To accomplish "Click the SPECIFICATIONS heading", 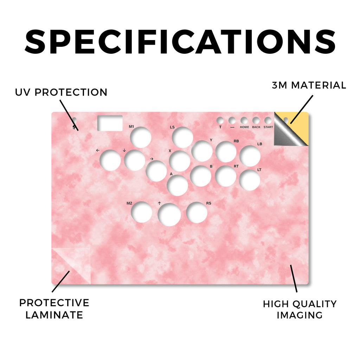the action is click(x=180, y=42).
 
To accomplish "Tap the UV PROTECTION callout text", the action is click(x=61, y=92).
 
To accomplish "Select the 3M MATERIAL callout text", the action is click(x=309, y=85).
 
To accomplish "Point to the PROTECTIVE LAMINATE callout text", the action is click(x=54, y=309).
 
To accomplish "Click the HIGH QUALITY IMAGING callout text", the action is click(x=300, y=309).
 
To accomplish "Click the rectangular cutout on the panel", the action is click(x=110, y=123).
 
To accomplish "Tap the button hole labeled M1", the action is click(x=141, y=137).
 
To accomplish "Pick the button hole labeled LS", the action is click(x=182, y=137).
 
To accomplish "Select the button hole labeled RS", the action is click(x=197, y=213).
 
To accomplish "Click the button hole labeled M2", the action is click(x=141, y=212).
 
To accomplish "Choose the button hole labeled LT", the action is click(x=250, y=180).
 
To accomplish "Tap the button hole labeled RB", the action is click(x=226, y=152).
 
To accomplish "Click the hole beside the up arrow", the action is click(x=169, y=214).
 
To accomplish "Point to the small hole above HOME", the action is click(x=244, y=121).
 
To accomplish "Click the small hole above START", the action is click(x=268, y=121).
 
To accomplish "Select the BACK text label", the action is click(x=256, y=127).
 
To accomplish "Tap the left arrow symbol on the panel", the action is click(x=98, y=150).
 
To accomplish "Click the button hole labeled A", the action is click(x=177, y=186).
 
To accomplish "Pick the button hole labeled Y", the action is click(x=202, y=151).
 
